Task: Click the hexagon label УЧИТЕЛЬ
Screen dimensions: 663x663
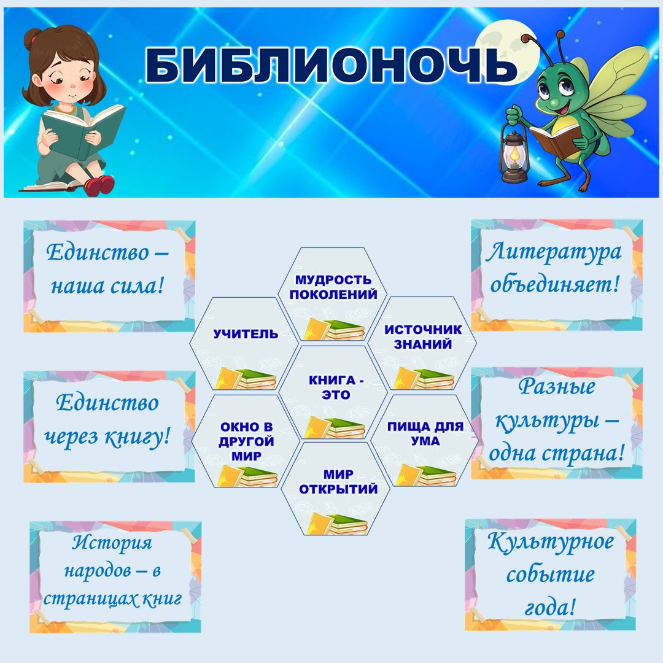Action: point(246,334)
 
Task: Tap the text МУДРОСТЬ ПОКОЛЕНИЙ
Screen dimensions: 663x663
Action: point(333,287)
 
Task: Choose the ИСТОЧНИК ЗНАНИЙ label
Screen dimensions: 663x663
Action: point(423,337)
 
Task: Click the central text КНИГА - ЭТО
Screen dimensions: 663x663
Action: point(336,387)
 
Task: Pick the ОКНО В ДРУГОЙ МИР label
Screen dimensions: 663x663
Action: point(247,441)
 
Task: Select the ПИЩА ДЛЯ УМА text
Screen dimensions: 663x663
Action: point(425,433)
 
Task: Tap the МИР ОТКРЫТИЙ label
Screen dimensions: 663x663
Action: point(338,482)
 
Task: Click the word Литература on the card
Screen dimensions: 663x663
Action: point(554,252)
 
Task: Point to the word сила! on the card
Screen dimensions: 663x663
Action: point(137,286)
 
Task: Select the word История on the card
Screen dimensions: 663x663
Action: point(112,542)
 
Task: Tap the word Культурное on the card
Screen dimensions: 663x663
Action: point(551,541)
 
